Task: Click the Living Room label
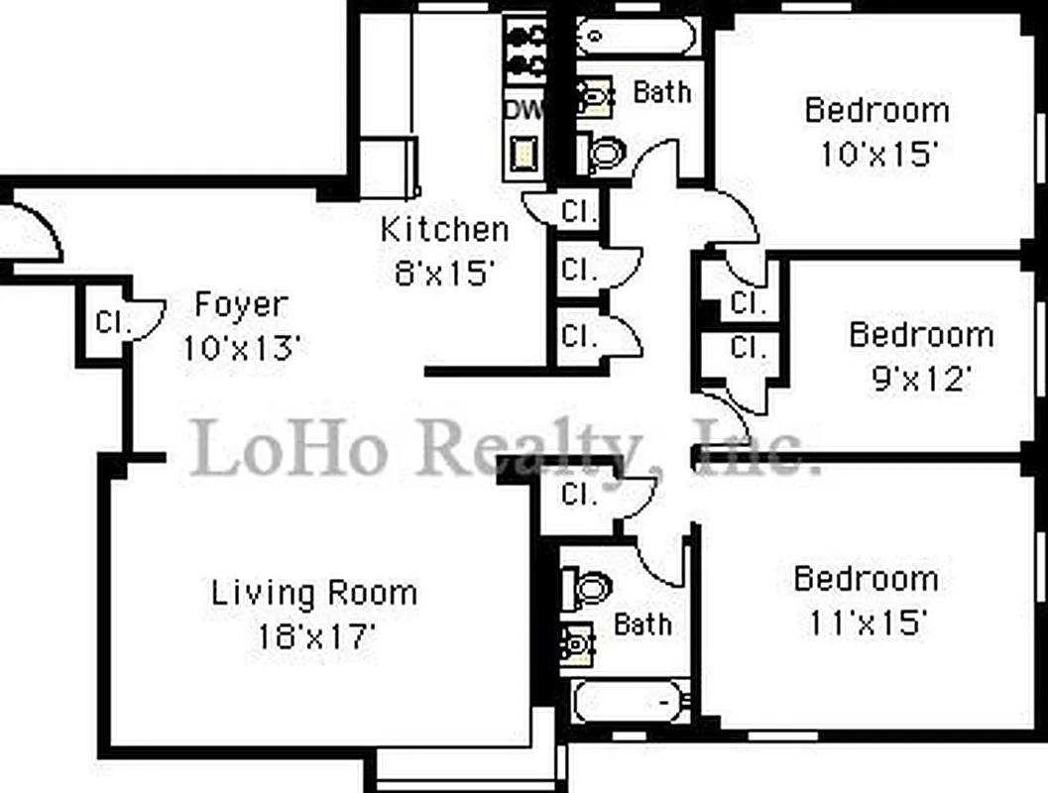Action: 313,594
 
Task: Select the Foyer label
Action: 241,304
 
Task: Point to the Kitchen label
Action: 444,230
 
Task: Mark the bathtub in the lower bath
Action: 632,703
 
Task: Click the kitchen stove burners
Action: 525,50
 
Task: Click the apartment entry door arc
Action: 40,230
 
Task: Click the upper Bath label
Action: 661,92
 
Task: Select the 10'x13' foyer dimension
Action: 241,347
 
